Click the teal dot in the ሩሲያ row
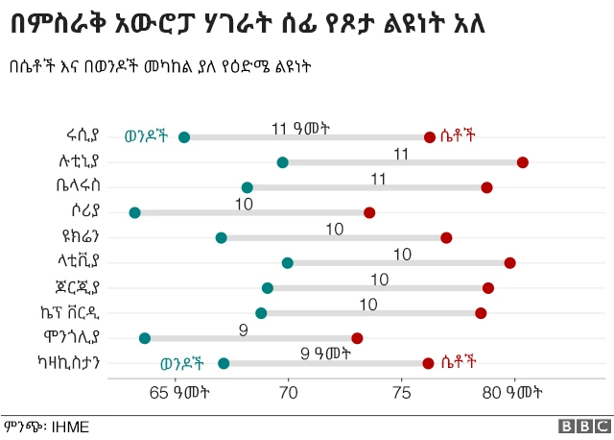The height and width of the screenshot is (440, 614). point(184,137)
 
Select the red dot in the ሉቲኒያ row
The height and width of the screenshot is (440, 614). point(522,162)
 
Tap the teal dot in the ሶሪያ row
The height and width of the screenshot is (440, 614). point(134,212)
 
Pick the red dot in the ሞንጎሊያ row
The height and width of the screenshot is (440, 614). point(357,338)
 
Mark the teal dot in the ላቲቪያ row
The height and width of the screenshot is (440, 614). point(287,262)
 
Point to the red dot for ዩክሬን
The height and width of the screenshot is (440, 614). point(446,237)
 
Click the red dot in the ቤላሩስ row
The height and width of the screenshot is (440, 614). point(486,187)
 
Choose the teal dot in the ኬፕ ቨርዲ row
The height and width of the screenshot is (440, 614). point(261,313)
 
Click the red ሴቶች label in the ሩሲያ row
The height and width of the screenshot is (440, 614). point(458,136)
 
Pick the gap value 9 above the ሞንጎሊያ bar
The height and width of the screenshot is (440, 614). point(244,330)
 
